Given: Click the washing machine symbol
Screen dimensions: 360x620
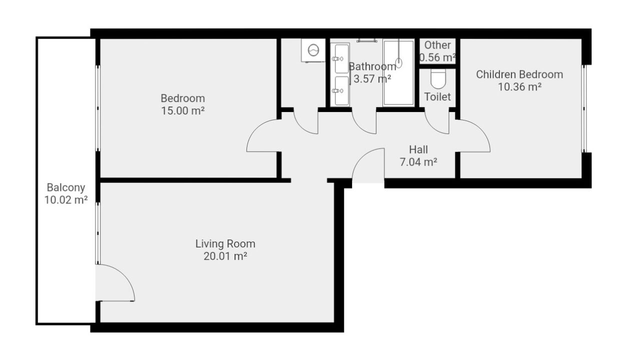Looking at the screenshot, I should pyautogui.click(x=313, y=50).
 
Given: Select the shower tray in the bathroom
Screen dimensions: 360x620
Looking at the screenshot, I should pyautogui.click(x=398, y=73).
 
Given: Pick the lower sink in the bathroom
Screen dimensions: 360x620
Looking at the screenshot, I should pyautogui.click(x=341, y=90).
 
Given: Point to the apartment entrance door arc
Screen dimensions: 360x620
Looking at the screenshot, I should pyautogui.click(x=368, y=165).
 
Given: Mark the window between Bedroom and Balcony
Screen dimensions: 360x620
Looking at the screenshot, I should pyautogui.click(x=98, y=108).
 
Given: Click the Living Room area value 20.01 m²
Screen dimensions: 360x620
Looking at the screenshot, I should pyautogui.click(x=225, y=256).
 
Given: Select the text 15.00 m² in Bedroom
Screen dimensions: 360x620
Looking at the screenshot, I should pyautogui.click(x=182, y=111).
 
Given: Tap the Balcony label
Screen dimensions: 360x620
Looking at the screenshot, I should pyautogui.click(x=66, y=188).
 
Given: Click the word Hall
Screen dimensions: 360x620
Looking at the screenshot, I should pyautogui.click(x=418, y=149).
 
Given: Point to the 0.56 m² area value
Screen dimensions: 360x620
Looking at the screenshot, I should pyautogui.click(x=438, y=57).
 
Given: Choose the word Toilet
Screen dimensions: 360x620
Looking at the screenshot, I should pyautogui.click(x=437, y=97).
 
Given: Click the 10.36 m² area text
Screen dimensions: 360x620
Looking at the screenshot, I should pyautogui.click(x=519, y=87).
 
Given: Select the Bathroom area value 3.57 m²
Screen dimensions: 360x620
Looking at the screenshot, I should pyautogui.click(x=372, y=78).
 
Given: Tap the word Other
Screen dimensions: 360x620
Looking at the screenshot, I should pyautogui.click(x=437, y=45).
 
